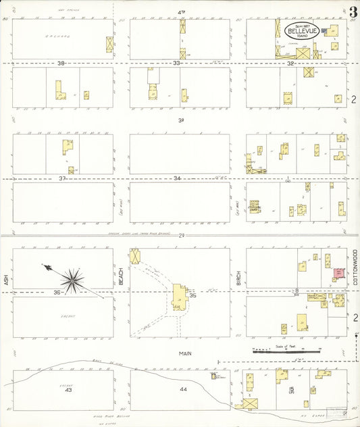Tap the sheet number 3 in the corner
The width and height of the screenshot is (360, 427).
coord(353,11)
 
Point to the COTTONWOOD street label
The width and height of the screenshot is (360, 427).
coord(354,266)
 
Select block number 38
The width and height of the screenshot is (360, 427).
coord(61,63)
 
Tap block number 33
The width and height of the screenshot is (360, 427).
coord(176,63)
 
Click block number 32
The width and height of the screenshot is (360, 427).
coord(291,63)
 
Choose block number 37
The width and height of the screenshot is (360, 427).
coord(61,178)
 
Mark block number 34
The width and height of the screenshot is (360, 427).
coord(176,178)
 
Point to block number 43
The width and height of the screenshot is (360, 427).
coord(68,390)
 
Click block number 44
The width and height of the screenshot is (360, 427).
coord(182,390)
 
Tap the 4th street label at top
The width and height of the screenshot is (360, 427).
coord(181,12)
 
